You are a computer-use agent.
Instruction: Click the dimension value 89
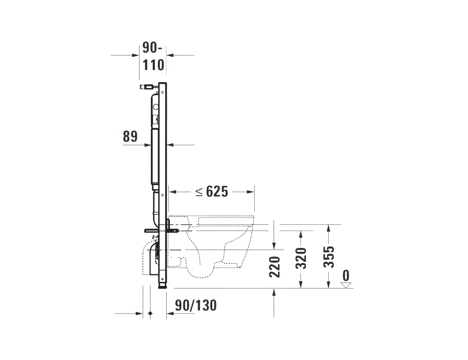tap(130, 136)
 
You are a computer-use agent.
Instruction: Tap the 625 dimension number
tap(217, 192)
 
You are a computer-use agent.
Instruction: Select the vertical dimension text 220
tap(274, 267)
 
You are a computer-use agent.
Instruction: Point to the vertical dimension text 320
tap(301, 258)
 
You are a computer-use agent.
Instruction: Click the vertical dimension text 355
tap(329, 257)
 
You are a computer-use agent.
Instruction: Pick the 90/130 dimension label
tap(196, 305)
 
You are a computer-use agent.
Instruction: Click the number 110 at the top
tap(153, 65)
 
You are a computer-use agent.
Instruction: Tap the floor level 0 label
tap(346, 275)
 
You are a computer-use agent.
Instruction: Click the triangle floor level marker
tap(346, 285)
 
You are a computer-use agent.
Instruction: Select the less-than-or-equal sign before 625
tap(199, 192)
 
